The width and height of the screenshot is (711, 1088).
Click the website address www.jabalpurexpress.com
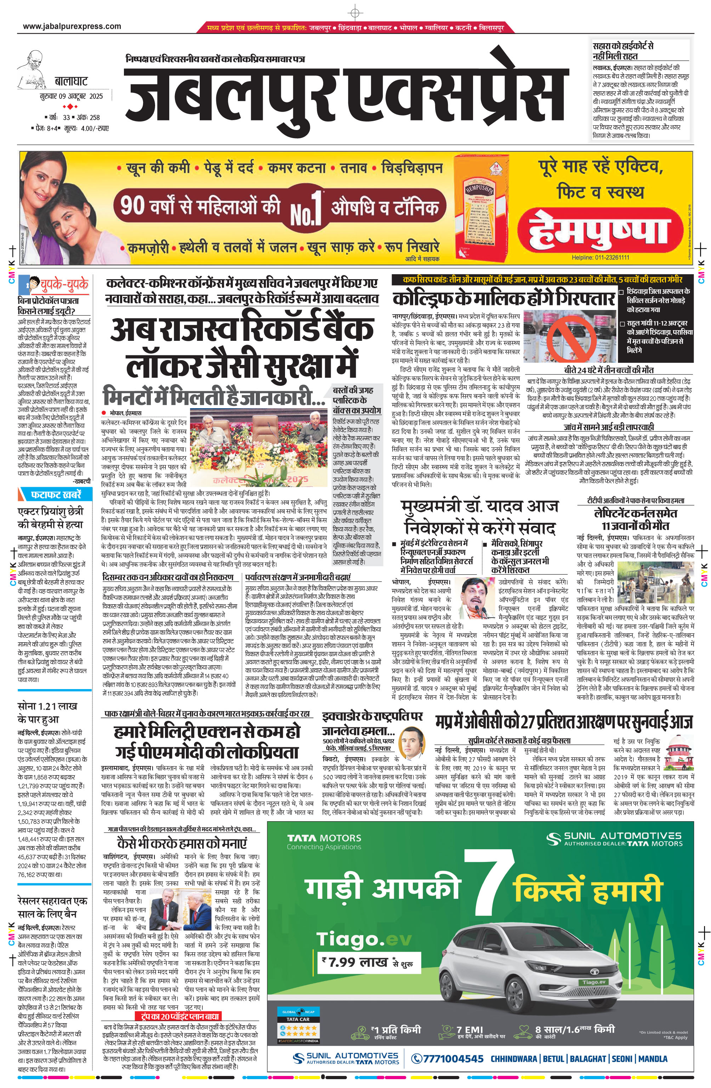[x=72, y=27]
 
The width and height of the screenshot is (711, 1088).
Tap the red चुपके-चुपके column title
[x=64, y=284]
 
